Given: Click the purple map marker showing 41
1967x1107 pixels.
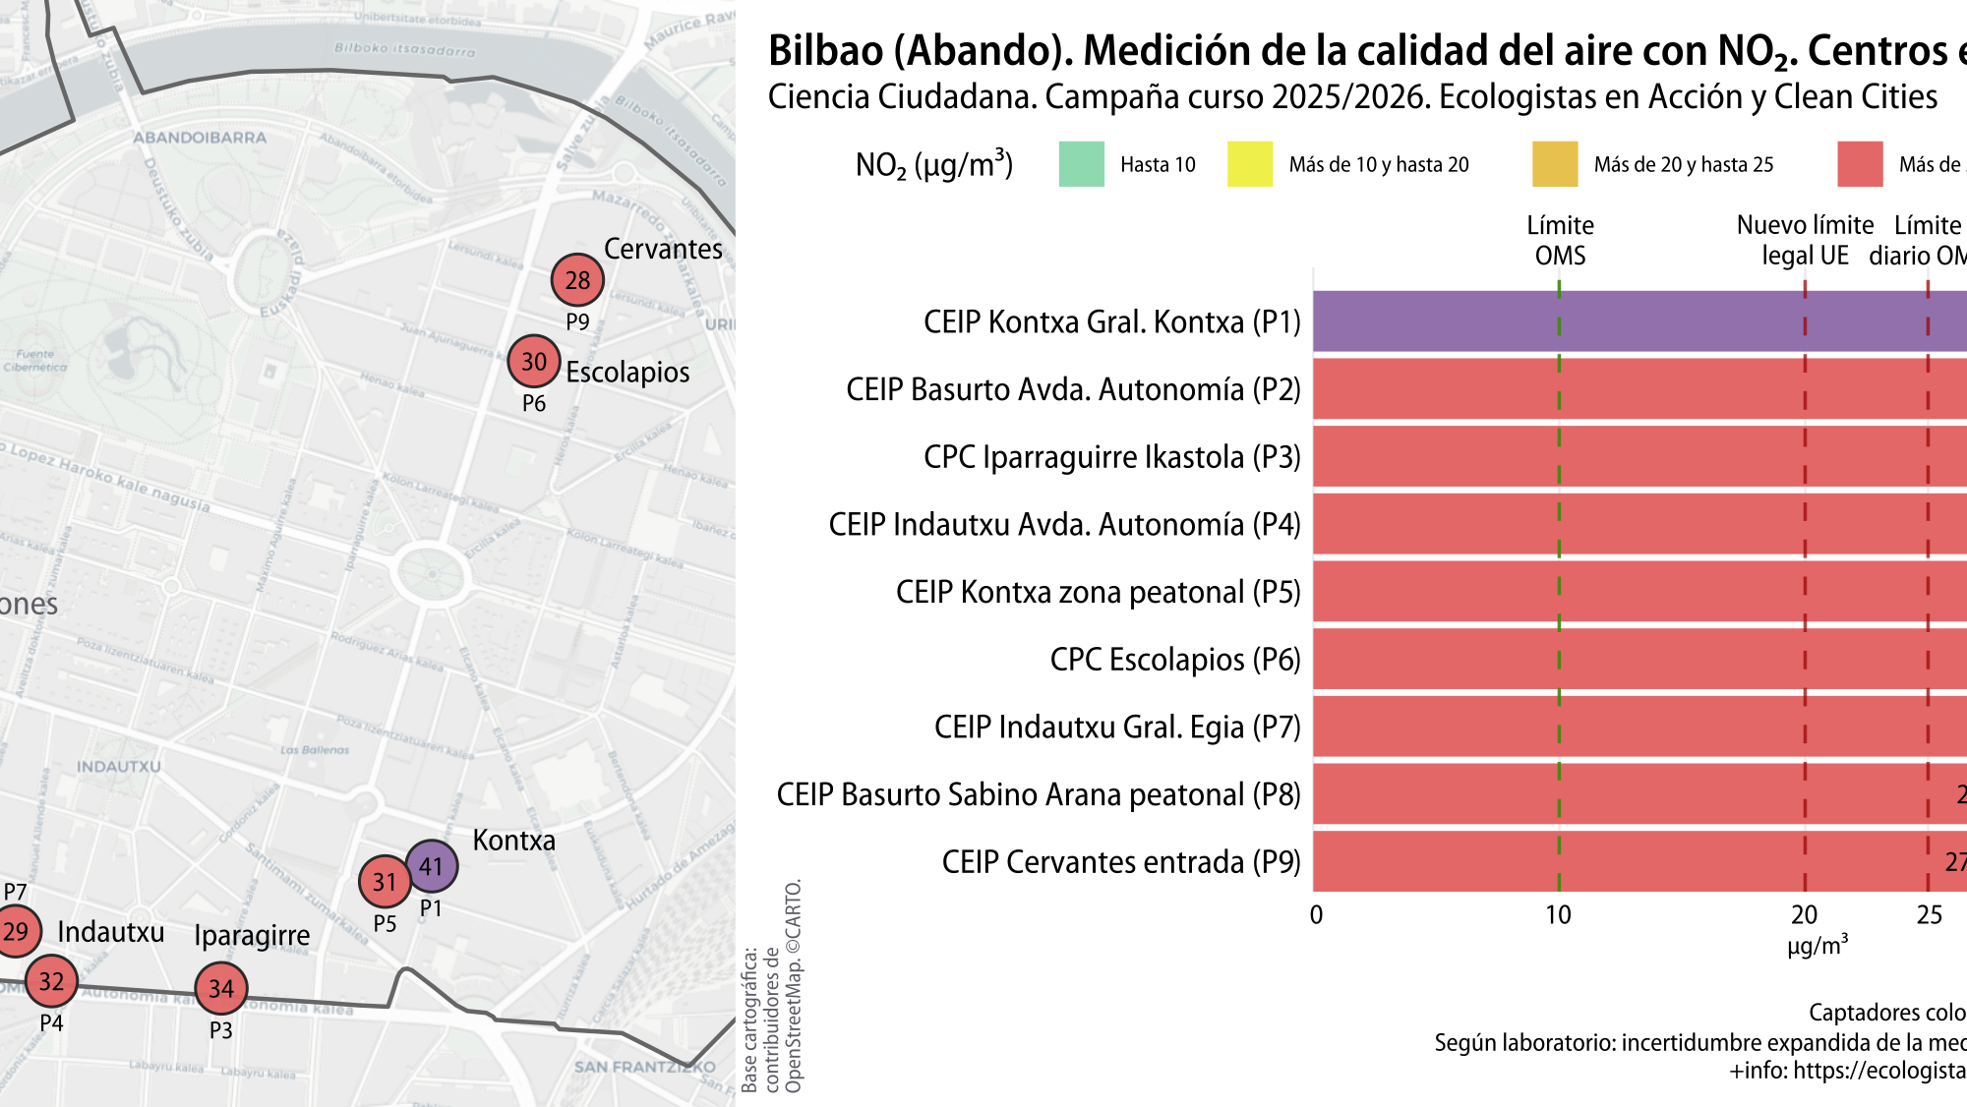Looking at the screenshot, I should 431,866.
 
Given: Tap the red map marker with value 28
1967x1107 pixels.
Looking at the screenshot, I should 577,280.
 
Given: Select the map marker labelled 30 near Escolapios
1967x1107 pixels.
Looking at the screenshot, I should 533,361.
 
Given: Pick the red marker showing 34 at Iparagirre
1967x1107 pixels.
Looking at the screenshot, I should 221,988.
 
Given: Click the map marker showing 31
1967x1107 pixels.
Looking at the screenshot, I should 385,882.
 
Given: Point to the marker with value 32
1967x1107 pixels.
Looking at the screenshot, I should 51,980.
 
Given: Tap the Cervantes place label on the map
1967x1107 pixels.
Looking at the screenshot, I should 663,249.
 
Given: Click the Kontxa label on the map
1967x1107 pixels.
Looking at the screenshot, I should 513,840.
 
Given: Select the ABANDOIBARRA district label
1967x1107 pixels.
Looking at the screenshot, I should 200,138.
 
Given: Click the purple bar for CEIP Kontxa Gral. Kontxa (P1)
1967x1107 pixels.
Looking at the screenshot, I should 1633,321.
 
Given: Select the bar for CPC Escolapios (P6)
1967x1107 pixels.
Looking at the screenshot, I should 1633,659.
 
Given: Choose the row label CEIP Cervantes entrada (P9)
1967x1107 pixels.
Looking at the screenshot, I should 1120,862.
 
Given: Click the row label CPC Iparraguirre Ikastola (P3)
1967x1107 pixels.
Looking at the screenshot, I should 1111,457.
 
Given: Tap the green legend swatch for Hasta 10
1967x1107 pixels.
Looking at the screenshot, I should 1081,164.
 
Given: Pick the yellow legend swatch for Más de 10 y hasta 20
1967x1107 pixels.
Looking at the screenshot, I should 1249,164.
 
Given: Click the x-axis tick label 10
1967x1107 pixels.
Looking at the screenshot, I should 1558,915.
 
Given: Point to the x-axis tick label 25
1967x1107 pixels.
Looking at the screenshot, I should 1929,915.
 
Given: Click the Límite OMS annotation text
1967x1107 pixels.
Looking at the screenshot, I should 1560,240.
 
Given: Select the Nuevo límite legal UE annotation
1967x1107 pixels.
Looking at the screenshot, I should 1805,240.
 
